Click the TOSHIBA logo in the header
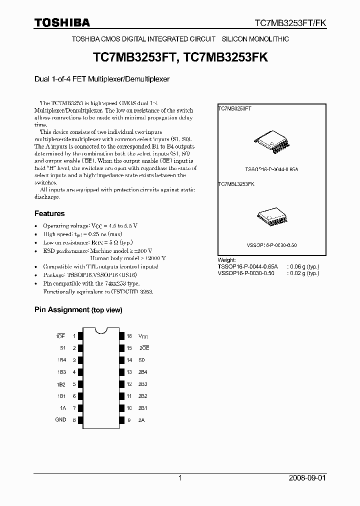coord(62,22)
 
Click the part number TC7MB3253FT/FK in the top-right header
coord(290,23)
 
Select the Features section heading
coord(49,213)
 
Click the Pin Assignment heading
coord(78,310)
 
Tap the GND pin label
coord(60,420)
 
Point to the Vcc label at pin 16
coord(143,336)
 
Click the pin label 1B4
coord(62,360)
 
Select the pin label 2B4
coord(143,372)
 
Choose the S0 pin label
coord(142,360)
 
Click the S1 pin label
coord(63,348)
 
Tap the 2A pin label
coord(142,420)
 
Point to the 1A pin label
coord(63,408)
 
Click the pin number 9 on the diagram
coord(129,420)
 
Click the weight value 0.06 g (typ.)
coord(303,267)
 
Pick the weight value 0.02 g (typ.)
coord(303,273)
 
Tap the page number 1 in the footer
coord(180,478)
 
